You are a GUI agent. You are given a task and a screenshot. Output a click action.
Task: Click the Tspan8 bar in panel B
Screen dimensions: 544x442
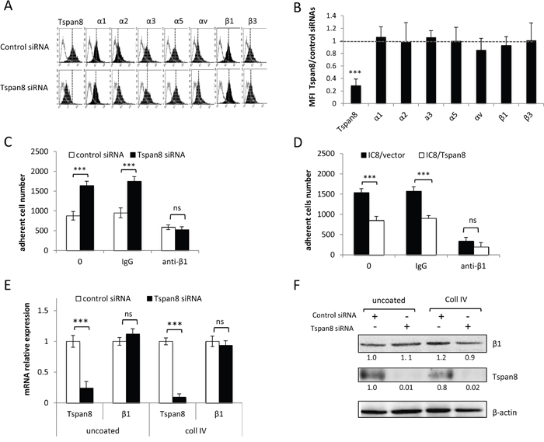click(356, 94)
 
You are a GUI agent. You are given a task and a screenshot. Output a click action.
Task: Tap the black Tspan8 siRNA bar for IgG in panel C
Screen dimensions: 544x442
click(134, 215)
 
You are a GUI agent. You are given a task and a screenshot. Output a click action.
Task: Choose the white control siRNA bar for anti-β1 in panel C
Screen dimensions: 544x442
click(169, 238)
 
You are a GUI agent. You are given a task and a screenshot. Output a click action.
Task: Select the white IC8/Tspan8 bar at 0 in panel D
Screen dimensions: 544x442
click(376, 238)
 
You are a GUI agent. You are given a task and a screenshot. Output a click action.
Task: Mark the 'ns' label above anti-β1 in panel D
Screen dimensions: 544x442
click(473, 220)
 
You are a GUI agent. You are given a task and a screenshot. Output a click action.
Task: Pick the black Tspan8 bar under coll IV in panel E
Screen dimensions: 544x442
click(179, 400)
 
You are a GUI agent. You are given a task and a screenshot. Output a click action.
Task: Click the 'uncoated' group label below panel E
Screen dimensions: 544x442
click(103, 431)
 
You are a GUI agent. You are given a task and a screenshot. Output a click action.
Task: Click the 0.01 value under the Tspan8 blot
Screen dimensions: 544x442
click(406, 387)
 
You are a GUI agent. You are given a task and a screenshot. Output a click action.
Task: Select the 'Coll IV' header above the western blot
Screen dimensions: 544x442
click(456, 299)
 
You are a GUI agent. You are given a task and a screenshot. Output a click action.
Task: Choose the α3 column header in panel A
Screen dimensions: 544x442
click(151, 21)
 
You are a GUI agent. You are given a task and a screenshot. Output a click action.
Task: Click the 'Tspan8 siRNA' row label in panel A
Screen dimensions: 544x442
click(24, 88)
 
